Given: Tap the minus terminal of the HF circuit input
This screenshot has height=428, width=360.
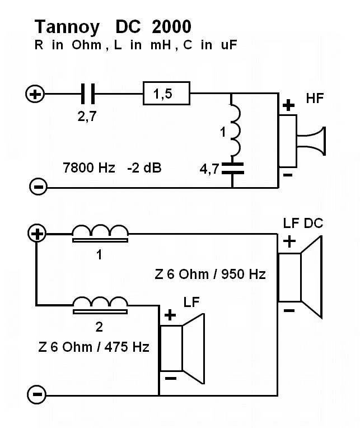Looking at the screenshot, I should [x=37, y=187].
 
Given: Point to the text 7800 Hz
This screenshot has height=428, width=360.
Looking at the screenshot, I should [x=90, y=167].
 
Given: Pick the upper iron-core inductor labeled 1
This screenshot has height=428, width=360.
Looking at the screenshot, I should [x=101, y=234].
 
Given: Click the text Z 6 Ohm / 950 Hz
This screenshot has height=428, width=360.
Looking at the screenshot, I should [x=210, y=275].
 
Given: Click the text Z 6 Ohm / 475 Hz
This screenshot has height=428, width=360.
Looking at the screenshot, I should [x=94, y=347].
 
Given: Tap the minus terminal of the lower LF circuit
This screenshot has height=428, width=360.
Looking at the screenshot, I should [x=37, y=395].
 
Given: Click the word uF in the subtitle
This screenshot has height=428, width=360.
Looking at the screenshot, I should [x=227, y=45].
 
